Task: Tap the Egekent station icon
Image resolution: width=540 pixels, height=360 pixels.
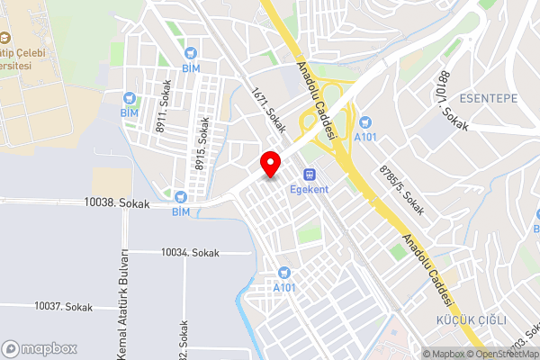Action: click(x=309, y=174)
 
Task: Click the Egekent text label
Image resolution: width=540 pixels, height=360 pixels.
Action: click(x=309, y=189)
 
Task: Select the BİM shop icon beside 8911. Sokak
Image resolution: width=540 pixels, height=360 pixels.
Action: click(x=130, y=97)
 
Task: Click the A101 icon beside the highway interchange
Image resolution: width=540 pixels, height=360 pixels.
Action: click(x=364, y=122)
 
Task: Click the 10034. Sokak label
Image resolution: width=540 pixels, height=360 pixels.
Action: click(x=190, y=253)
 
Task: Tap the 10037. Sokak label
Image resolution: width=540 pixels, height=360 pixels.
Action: click(x=63, y=307)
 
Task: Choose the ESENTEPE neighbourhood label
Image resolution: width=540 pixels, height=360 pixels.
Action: click(x=490, y=97)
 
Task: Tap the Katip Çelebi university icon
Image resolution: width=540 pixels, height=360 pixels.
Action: click(x=4, y=38)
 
